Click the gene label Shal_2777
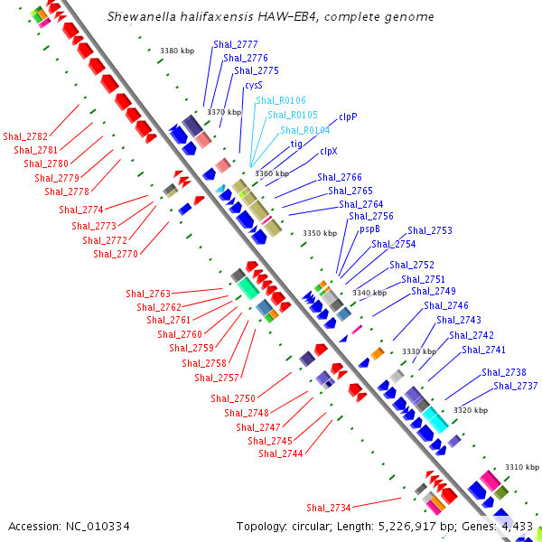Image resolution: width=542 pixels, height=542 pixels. click(x=236, y=44)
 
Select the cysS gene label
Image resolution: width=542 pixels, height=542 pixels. click(x=254, y=85)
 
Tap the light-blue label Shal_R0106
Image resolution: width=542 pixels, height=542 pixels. click(x=280, y=100)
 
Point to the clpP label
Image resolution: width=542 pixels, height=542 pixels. click(x=348, y=117)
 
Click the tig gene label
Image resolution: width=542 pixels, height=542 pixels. click(x=296, y=144)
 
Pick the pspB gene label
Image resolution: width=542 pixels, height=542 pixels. click(x=369, y=229)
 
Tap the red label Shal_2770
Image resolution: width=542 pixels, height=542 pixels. click(x=116, y=255)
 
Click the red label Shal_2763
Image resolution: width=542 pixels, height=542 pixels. click(x=148, y=294)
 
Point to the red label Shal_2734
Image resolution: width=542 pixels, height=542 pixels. click(x=329, y=508)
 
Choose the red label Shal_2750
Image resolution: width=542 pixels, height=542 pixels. click(x=233, y=398)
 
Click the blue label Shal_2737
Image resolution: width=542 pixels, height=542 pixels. click(x=516, y=386)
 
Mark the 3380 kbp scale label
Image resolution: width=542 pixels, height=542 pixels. click(x=176, y=51)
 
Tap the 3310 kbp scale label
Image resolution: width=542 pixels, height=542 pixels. click(x=521, y=467)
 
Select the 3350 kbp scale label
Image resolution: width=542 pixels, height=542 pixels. click(x=319, y=233)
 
